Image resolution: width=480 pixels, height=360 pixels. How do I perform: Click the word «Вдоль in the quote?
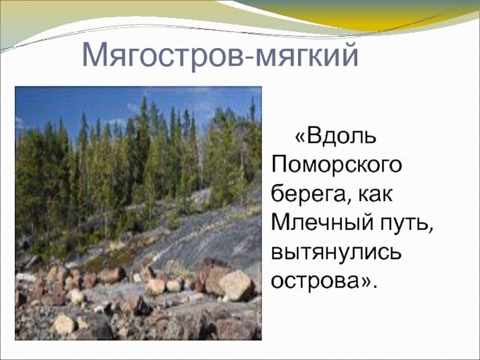(x=335, y=136)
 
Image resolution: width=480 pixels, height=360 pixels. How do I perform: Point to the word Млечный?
(x=322, y=223)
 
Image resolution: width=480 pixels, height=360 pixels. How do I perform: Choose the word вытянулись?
(x=336, y=253)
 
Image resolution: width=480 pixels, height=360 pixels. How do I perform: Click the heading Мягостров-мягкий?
(x=220, y=55)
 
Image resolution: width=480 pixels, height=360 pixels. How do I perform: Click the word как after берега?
(x=374, y=194)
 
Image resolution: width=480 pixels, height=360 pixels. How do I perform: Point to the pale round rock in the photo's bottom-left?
(x=64, y=323)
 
